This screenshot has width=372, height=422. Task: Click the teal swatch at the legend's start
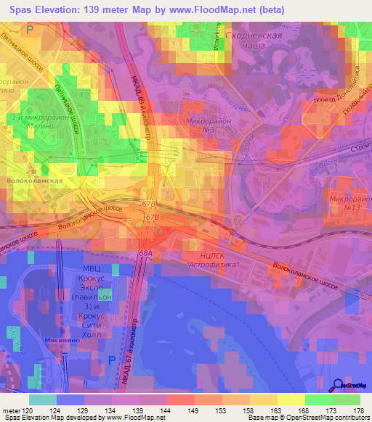(x=43, y=400)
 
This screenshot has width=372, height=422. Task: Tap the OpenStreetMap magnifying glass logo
(x=339, y=385)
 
